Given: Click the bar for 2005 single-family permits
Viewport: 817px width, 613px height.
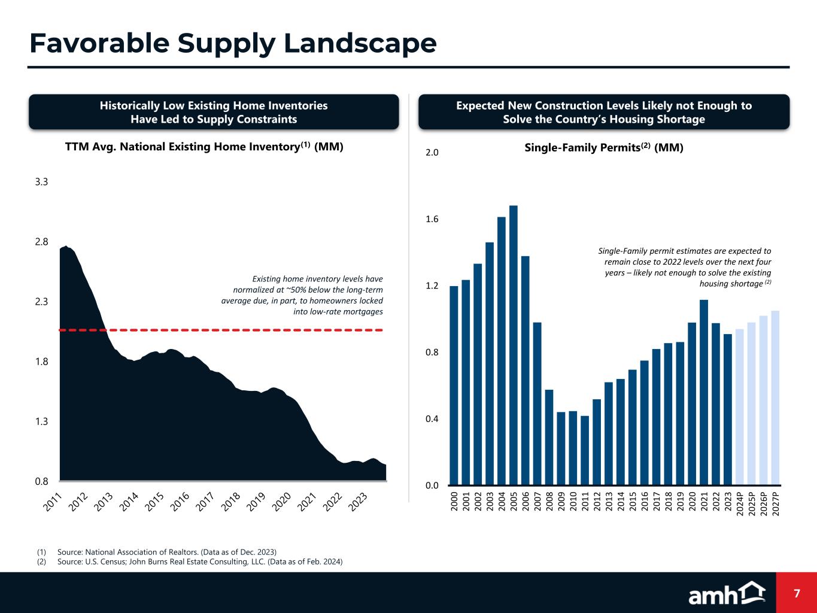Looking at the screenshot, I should tap(514, 345).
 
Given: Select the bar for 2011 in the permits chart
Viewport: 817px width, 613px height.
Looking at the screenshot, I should tap(585, 450).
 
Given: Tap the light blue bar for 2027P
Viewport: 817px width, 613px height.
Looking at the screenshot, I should tap(775, 397).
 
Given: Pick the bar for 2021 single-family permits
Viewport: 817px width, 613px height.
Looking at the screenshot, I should tap(704, 392).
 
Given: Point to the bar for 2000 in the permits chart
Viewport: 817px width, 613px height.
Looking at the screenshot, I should tap(454, 386).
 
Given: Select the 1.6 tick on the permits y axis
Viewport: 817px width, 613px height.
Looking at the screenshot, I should tap(432, 220).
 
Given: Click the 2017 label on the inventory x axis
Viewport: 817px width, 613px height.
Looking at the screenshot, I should tap(205, 502).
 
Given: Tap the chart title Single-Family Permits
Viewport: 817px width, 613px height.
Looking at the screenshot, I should tap(603, 147).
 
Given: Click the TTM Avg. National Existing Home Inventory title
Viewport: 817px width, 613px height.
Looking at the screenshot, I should tap(204, 147).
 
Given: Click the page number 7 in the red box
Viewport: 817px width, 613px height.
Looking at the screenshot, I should tap(797, 593).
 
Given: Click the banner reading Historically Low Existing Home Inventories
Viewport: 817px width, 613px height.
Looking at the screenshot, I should tap(214, 112).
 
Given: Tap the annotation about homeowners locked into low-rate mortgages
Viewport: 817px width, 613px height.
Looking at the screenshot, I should tap(302, 295).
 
